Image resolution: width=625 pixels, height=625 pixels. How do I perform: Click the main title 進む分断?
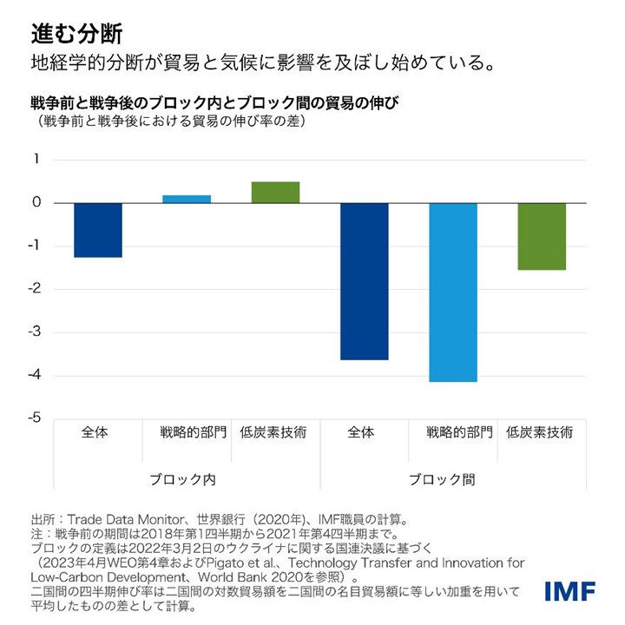[76, 34]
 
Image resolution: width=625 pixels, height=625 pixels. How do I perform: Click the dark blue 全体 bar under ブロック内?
[98, 230]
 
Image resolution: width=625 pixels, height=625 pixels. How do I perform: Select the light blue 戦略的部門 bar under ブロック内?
[187, 199]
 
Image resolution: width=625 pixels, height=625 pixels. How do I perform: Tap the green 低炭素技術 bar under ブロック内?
[275, 193]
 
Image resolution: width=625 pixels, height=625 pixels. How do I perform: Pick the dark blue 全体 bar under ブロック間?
[365, 281]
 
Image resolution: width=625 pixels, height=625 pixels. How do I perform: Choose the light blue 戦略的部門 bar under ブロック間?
[453, 293]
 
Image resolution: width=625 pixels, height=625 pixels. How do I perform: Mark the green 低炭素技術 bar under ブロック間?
[542, 236]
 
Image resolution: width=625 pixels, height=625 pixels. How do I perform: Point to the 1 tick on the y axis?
[36, 160]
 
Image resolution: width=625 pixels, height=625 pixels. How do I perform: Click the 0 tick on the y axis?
[36, 203]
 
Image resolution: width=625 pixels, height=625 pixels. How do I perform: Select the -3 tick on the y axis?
[35, 332]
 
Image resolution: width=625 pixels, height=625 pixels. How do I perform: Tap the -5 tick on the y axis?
[35, 418]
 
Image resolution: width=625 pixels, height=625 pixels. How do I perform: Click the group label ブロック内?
[187, 479]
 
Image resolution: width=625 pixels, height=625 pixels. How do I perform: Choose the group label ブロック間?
[453, 479]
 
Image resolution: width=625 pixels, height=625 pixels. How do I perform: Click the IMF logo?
[569, 592]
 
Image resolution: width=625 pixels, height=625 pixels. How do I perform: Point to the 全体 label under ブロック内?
[96, 432]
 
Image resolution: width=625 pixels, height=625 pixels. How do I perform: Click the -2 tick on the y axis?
[35, 289]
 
